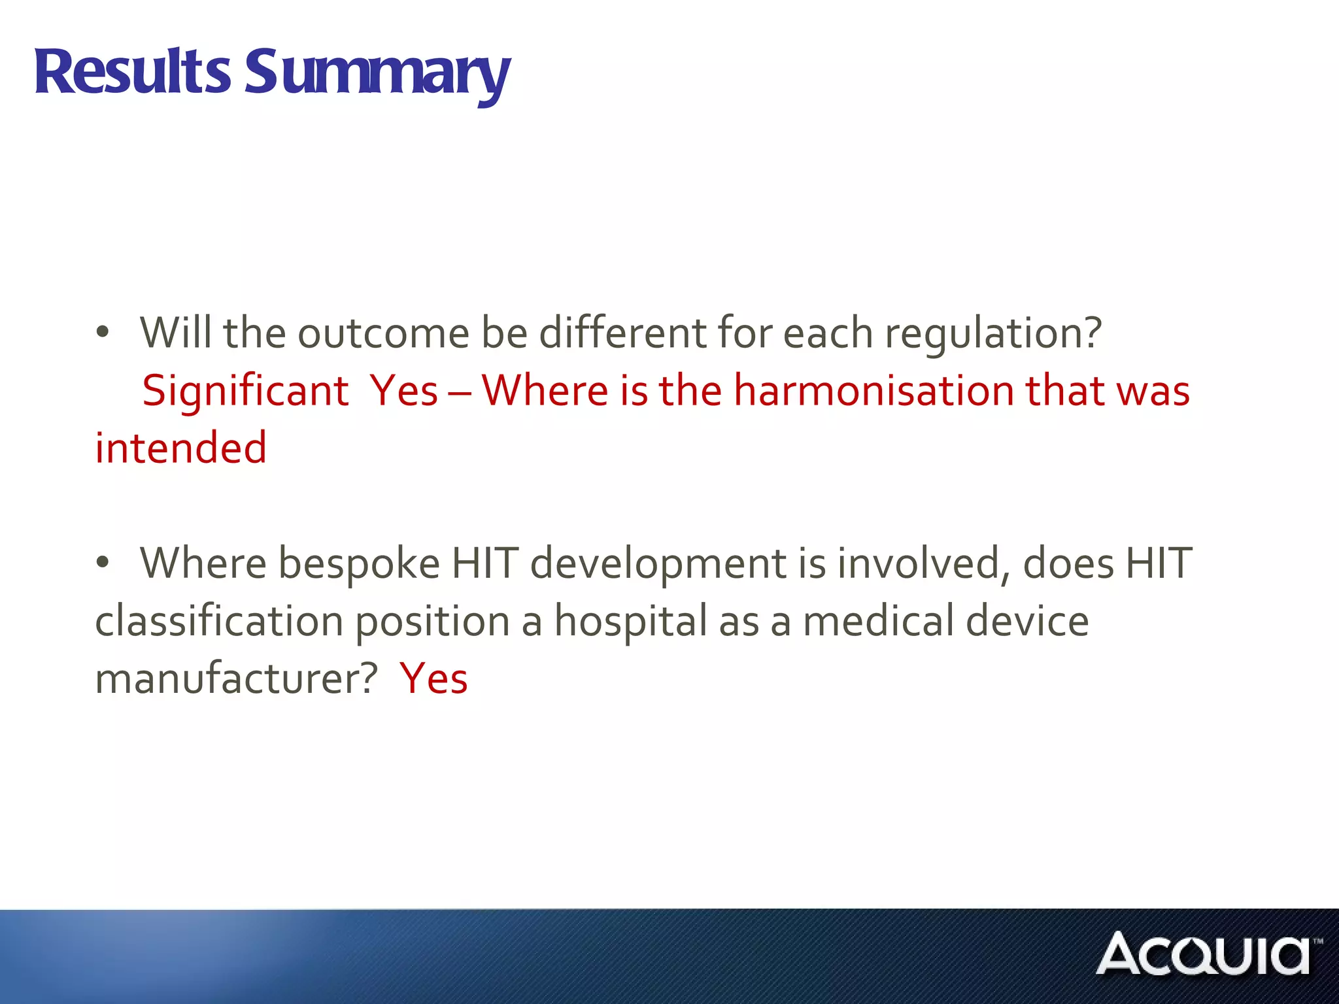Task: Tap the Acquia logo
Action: pos(1207,954)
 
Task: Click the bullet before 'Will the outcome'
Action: pos(102,333)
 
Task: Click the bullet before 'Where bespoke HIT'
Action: pos(102,562)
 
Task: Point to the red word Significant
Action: pos(245,391)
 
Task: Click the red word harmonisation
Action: pos(873,391)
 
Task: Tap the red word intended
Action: pos(180,448)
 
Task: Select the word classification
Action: pos(219,621)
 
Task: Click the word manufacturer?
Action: pos(236,678)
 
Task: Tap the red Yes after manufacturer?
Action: pos(433,678)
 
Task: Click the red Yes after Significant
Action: pos(403,391)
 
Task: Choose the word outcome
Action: pos(383,333)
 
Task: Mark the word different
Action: pos(622,333)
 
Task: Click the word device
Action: pos(1027,621)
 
